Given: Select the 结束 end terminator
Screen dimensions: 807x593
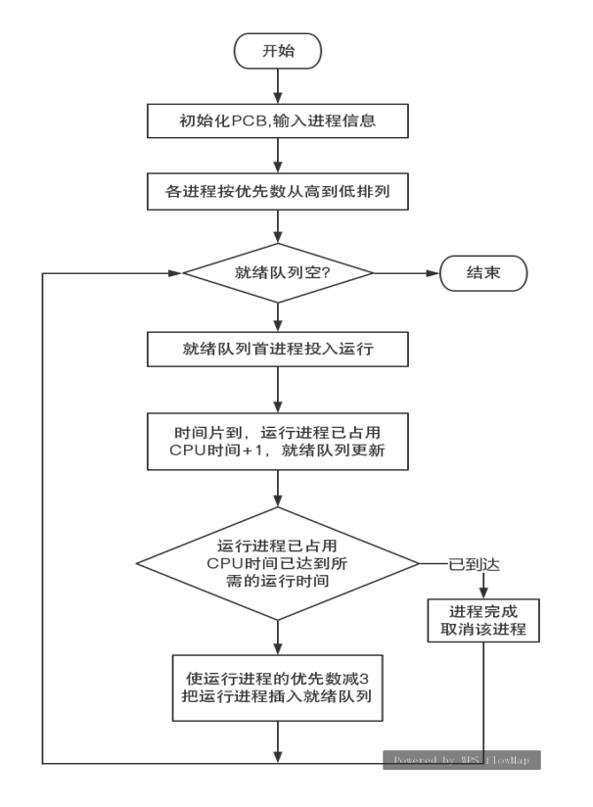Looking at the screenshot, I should click(483, 272).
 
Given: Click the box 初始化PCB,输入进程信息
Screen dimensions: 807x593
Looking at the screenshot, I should click(279, 123).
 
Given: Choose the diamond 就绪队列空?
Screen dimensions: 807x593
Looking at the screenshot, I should click(279, 272).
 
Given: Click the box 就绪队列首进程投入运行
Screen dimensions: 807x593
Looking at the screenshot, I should click(279, 348).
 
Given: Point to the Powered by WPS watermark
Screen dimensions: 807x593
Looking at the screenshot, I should click(461, 759).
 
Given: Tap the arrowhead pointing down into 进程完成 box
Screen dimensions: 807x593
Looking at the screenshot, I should click(483, 592).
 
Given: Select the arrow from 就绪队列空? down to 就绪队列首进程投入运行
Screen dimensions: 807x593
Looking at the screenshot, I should click(280, 316).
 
